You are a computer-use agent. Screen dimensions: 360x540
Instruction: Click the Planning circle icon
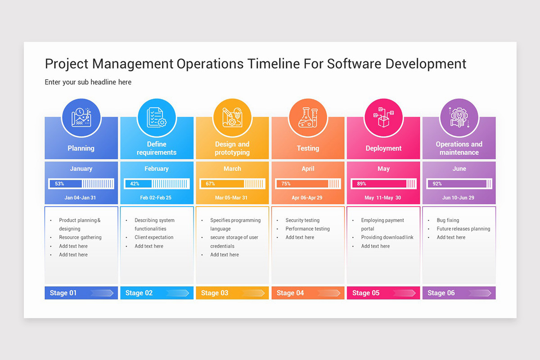click(81, 118)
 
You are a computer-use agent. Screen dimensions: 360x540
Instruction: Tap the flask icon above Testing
click(308, 118)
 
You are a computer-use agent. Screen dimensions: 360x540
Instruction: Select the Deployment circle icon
click(383, 118)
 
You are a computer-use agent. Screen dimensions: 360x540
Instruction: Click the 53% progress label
click(59, 184)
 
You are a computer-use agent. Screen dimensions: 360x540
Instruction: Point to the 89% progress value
click(362, 184)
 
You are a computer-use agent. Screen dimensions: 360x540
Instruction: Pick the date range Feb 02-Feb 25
click(156, 198)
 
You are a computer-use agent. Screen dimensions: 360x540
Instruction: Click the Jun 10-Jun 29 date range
click(458, 198)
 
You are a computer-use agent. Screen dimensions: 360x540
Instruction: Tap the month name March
click(232, 169)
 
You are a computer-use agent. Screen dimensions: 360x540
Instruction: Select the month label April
click(308, 169)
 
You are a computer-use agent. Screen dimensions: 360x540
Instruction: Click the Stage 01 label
click(63, 293)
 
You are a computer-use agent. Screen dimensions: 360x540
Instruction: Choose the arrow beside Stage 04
click(329, 293)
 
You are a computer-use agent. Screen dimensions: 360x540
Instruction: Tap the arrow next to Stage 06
click(480, 293)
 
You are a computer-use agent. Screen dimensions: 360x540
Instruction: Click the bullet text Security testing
click(302, 220)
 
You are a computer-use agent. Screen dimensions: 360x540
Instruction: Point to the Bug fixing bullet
click(448, 220)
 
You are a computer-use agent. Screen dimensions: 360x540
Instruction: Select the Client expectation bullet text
click(154, 237)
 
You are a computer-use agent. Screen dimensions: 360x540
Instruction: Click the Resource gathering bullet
click(80, 237)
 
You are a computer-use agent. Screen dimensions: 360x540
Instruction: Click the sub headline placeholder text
click(88, 82)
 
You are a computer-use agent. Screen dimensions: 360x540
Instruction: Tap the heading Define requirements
click(157, 148)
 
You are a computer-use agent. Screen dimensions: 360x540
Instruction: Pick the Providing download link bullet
click(387, 237)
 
